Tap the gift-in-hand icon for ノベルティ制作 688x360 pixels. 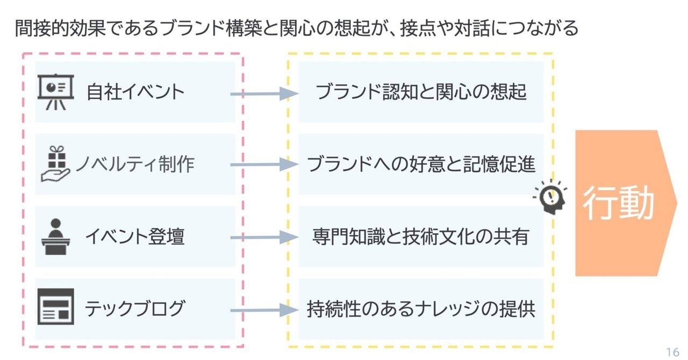[56, 164]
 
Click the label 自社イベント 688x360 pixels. [135, 92]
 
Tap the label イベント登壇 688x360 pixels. [134, 236]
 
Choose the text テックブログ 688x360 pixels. [135, 309]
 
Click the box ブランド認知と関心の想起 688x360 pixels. [421, 92]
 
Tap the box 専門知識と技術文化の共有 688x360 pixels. [421, 236]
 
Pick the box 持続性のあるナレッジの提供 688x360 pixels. [421, 309]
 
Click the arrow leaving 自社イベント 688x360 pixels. [263, 94]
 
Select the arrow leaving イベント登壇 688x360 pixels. [263, 237]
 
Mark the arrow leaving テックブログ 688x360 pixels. [263, 310]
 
